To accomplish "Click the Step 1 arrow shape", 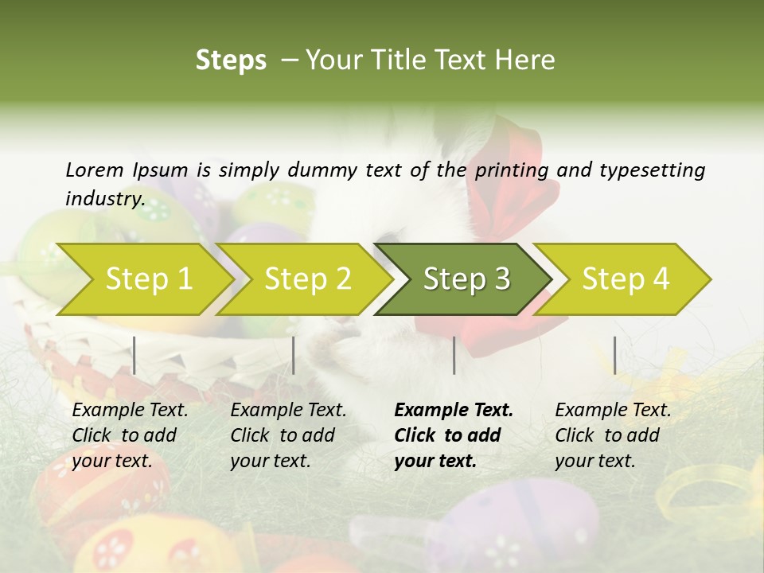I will (x=148, y=279).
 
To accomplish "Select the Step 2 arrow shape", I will (x=307, y=279).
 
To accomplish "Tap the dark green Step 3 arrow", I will (x=466, y=279).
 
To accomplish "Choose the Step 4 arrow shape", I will (x=625, y=279).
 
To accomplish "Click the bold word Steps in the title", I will (x=231, y=60).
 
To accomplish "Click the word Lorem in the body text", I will (x=94, y=170).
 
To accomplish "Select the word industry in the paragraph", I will (x=105, y=198).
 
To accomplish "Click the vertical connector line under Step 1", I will (x=134, y=355).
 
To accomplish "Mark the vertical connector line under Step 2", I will (x=294, y=355).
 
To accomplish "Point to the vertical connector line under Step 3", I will (x=454, y=355).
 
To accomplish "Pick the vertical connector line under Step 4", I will (x=614, y=355).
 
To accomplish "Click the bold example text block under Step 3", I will (x=453, y=435).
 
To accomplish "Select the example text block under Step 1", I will (x=130, y=435).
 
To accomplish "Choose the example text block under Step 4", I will (x=613, y=435).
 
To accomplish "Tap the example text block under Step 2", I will (x=288, y=435).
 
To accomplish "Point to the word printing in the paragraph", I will (x=512, y=170).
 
